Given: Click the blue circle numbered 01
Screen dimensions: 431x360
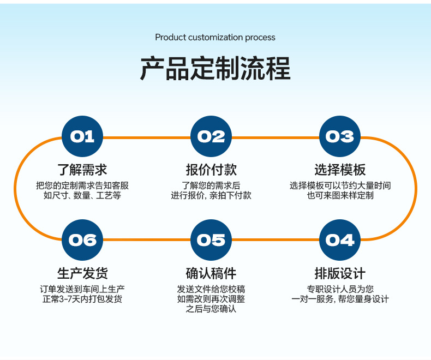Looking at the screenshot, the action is click(82, 136).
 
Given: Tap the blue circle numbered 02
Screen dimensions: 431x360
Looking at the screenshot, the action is click(211, 136).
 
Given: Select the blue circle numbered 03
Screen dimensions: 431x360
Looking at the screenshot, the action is click(340, 136).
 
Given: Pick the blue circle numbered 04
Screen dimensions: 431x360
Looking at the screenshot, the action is click(340, 240).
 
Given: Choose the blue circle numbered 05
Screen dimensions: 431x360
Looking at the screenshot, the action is click(211, 240).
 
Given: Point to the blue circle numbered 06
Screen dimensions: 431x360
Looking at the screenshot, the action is click(82, 240).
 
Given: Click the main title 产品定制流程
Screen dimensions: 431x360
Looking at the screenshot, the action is click(215, 68).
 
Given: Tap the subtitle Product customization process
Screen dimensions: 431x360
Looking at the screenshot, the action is click(215, 38).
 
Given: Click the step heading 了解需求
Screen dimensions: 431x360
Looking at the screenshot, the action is click(82, 170).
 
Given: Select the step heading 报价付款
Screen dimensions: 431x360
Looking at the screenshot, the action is click(211, 170).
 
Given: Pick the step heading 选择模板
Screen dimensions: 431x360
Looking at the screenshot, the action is click(340, 170).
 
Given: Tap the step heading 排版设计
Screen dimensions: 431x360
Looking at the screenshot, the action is click(340, 273).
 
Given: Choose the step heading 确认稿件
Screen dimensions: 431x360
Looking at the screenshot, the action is click(211, 273).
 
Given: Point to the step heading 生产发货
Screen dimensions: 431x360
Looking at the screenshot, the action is click(82, 273).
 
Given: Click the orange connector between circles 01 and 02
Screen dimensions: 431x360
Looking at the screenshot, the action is click(147, 137).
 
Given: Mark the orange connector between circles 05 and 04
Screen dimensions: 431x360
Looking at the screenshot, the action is click(276, 239).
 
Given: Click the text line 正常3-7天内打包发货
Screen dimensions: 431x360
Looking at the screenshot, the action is click(82, 299).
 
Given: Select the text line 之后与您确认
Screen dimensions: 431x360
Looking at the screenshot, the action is click(211, 309).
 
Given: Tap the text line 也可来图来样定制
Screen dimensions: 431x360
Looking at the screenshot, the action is click(340, 195).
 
